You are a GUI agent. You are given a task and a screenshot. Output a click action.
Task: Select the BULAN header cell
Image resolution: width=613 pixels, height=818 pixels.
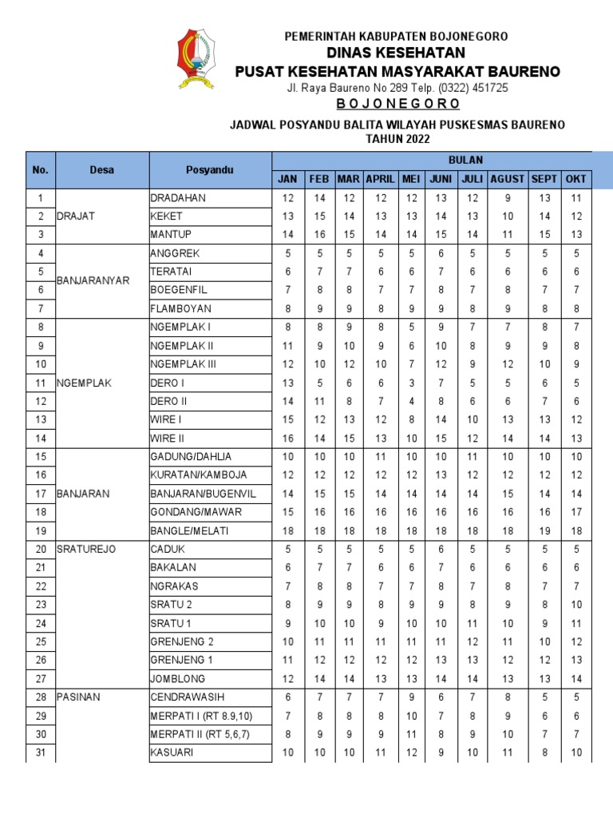pos(465,160)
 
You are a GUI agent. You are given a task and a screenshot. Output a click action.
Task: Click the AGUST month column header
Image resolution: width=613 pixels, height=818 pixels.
pos(508,179)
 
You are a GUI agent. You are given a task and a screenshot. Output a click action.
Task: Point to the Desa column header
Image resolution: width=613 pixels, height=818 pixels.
pos(101,169)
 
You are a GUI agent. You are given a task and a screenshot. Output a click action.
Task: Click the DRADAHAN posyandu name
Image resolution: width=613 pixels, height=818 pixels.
pos(178,197)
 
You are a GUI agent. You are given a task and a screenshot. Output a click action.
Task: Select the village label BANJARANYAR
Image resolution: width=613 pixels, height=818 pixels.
pos(93,281)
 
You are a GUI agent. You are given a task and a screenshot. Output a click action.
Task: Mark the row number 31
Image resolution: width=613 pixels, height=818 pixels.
pos(42,752)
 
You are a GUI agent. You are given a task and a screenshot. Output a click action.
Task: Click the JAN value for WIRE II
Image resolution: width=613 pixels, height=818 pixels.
pos(287,438)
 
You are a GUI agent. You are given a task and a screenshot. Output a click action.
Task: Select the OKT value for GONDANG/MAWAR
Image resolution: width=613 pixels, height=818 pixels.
pos(576,512)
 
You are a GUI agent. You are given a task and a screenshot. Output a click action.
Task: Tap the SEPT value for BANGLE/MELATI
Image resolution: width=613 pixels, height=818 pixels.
pos(544,530)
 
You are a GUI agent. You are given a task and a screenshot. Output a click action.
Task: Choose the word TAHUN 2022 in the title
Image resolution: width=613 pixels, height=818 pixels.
pos(397,138)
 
